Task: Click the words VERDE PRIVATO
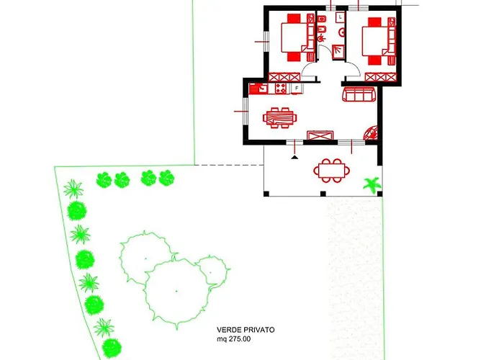pos(246,330)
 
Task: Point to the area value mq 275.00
pos(234,339)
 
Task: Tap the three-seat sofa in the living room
pos(359,94)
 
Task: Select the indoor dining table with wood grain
pos(279,117)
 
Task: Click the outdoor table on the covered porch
pos(332,171)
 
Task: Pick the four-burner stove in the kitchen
pos(281,88)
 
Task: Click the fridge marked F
pos(297,88)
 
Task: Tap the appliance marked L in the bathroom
pos(341,17)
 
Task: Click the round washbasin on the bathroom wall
pos(343,32)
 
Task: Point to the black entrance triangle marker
pos(294,157)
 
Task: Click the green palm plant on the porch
pos(372,185)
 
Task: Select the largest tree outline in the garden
pos(176,292)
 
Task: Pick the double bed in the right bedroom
pos(374,42)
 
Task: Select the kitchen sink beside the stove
pos(258,89)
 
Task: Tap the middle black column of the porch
pos(323,194)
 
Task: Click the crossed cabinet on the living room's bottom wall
pos(320,135)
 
